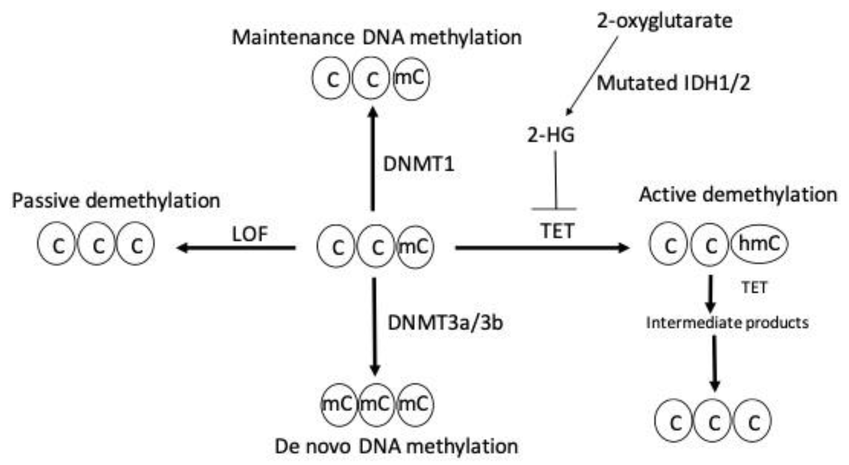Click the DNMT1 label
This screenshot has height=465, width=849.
[419, 164]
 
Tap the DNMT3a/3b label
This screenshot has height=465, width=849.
[445, 323]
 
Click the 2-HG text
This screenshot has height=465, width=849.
[551, 135]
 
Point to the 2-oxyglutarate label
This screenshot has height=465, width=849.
[664, 21]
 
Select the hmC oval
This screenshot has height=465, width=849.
[759, 244]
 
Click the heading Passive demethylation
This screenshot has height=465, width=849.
[116, 201]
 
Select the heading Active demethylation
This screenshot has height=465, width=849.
[738, 195]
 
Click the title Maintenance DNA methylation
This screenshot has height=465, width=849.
[377, 38]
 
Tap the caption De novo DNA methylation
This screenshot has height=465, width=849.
[396, 447]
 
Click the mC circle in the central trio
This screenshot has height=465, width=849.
[415, 247]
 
